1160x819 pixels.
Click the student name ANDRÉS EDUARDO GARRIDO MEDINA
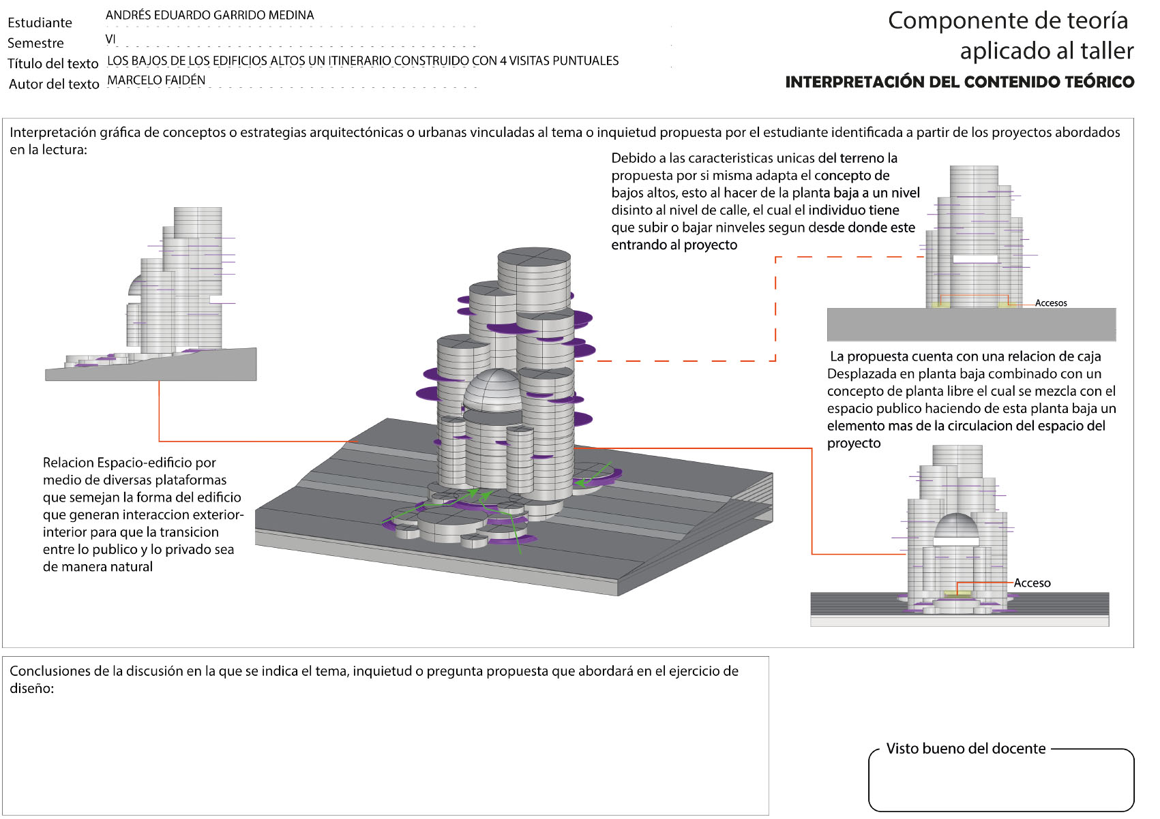(209, 15)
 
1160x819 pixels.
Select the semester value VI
(110, 40)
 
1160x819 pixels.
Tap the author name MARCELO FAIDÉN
(156, 80)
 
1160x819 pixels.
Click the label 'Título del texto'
(53, 63)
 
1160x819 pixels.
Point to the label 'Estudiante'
(40, 22)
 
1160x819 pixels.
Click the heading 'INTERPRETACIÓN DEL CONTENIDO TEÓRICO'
(960, 82)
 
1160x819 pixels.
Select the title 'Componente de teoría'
(1008, 20)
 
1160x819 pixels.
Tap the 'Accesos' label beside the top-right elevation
(1050, 303)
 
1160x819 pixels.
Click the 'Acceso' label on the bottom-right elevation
(1032, 583)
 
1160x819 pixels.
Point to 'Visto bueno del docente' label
(966, 749)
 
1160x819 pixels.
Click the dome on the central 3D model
(492, 390)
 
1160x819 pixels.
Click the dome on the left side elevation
(135, 286)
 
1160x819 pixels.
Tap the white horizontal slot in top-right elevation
(975, 259)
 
